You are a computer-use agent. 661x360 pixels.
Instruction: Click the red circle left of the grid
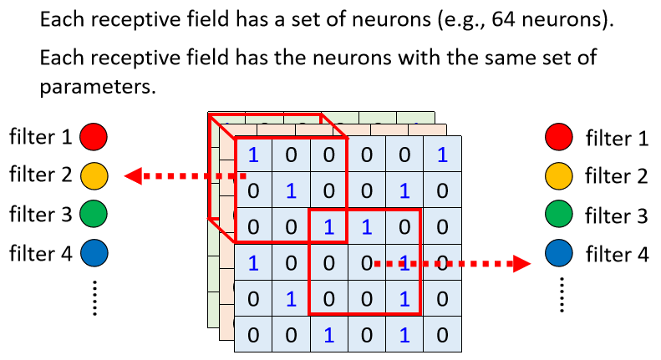click(x=94, y=136)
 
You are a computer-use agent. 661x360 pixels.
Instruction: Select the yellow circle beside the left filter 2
click(x=94, y=175)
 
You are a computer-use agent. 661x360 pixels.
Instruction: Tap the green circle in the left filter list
click(x=94, y=215)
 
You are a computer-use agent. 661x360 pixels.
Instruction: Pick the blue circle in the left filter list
click(x=94, y=253)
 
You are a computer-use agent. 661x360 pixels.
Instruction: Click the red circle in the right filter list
click(x=557, y=136)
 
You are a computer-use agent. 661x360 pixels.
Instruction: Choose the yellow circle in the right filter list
click(x=557, y=175)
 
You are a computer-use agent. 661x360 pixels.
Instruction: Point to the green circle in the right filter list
click(x=557, y=215)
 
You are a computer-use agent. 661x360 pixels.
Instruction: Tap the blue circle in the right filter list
click(x=557, y=253)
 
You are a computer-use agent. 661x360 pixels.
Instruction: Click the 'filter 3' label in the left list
click(x=41, y=215)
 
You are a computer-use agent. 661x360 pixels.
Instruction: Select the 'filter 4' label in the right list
click(x=617, y=253)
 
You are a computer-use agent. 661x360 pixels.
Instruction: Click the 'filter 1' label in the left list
click(x=41, y=136)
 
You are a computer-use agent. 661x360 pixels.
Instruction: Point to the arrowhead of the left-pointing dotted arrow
click(x=131, y=176)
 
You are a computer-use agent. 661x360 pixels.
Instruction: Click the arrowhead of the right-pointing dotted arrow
click(x=523, y=264)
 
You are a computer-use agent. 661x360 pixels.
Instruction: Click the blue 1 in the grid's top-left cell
click(x=254, y=154)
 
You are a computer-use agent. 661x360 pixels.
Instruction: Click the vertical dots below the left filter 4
click(x=94, y=297)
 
